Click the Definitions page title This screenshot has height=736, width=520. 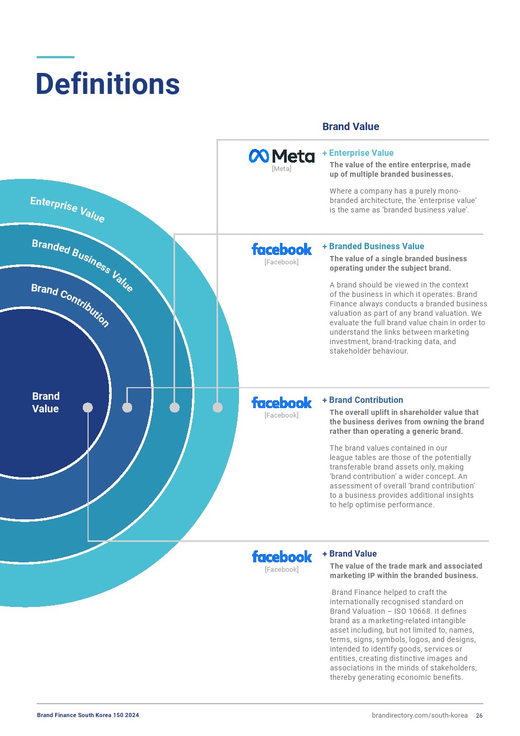click(x=107, y=84)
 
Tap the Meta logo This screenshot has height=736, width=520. click(x=281, y=156)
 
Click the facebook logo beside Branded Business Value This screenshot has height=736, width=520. click(x=281, y=249)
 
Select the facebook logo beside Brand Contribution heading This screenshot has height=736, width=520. click(x=281, y=403)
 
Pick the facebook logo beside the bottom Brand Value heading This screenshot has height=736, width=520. click(x=282, y=557)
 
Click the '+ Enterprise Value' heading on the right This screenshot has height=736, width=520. click(x=358, y=153)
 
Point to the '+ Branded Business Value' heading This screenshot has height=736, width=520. click(x=373, y=246)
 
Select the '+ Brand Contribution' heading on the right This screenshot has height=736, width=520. click(x=363, y=400)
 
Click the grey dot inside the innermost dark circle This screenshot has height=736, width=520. click(x=88, y=408)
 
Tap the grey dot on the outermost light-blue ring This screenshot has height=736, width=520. click(x=218, y=408)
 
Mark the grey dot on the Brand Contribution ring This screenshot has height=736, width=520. click(x=127, y=408)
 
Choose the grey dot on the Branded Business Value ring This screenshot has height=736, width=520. click(x=175, y=408)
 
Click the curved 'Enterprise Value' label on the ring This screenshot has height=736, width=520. click(x=67, y=209)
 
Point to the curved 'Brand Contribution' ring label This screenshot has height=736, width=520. click(x=70, y=305)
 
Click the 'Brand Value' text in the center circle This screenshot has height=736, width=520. click(x=46, y=402)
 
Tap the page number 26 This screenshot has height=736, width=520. click(x=479, y=716)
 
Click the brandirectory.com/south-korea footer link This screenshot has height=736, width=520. click(x=419, y=716)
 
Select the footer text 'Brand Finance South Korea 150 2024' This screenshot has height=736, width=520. click(x=88, y=715)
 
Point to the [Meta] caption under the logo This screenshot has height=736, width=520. click(x=281, y=168)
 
